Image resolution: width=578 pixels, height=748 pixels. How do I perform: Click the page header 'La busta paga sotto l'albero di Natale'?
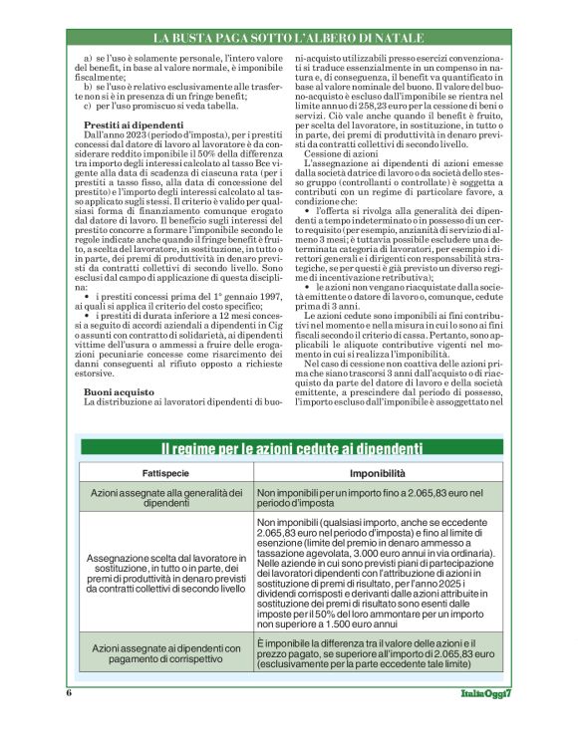click(289, 38)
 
